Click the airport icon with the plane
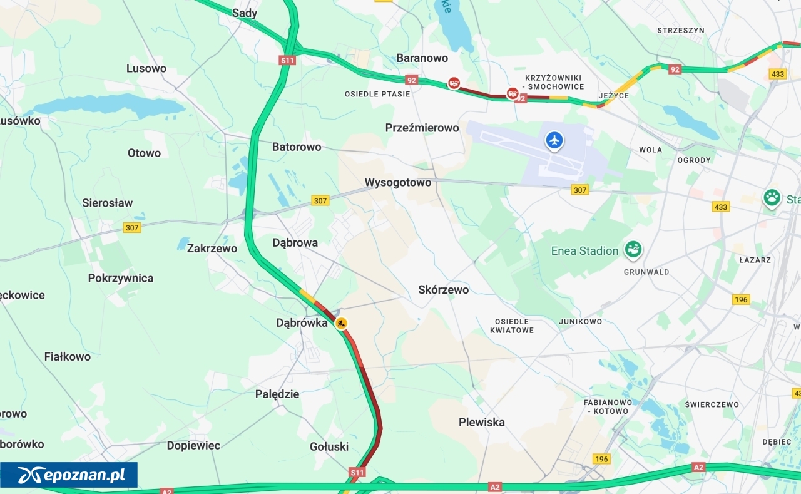554,140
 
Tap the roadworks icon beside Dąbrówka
341,323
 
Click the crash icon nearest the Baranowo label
454,83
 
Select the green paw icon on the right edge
772,198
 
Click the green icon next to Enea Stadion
633,250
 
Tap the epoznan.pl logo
69,475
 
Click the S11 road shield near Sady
287,60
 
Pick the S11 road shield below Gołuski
357,472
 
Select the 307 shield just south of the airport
579,190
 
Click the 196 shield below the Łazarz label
741,299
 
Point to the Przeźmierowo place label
422,128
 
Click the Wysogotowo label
398,183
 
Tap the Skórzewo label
443,290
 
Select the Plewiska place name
481,422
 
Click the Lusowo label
146,68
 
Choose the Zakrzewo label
212,249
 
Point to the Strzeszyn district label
680,30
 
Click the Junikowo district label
580,322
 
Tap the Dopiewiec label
193,446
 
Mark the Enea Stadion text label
584,251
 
